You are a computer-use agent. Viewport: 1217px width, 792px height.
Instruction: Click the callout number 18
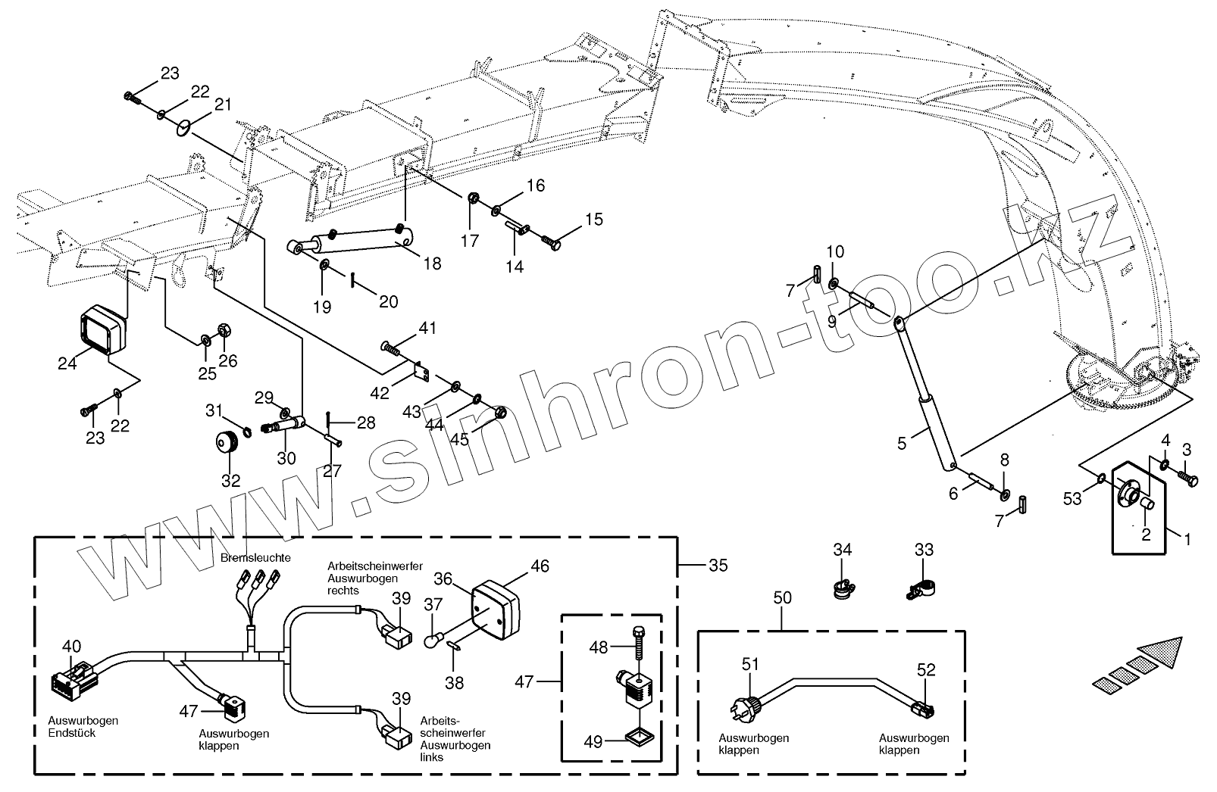click(432, 263)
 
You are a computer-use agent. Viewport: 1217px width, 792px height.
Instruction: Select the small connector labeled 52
click(924, 709)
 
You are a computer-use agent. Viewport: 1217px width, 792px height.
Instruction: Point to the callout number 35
click(718, 565)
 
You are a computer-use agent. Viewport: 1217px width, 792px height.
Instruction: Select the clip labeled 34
click(842, 587)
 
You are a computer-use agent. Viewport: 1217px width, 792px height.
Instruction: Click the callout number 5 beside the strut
click(902, 443)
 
